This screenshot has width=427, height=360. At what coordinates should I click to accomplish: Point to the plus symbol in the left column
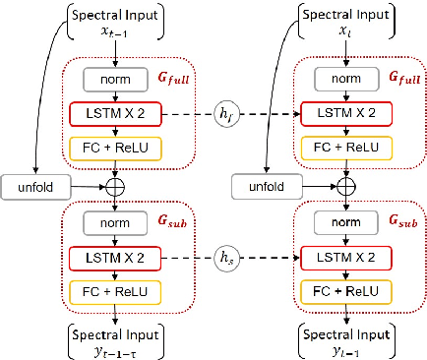tap(116, 184)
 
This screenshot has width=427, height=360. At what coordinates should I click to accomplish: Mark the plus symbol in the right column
tap(346, 184)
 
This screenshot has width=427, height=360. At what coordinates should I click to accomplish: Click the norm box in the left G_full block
tap(116, 79)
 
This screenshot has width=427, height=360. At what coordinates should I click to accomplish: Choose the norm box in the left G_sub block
tap(116, 223)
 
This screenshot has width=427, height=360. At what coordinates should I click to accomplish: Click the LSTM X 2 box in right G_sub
tap(346, 258)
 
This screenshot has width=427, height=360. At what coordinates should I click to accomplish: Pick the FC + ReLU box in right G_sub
tap(346, 292)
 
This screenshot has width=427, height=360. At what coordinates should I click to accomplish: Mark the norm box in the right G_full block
tap(346, 79)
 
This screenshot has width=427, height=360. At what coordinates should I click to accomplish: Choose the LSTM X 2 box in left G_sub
tap(116, 258)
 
